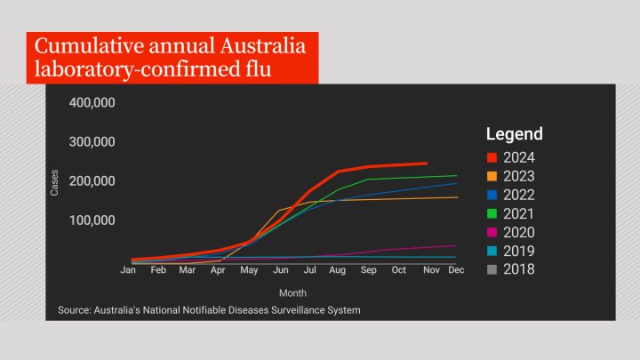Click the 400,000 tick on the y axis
pos(92,103)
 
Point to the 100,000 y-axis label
pos(92,220)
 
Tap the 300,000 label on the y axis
pos(92,142)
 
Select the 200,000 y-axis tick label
pos(92,181)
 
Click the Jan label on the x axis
pos(128,269)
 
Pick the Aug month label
pos(337,269)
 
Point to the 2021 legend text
pos(518,213)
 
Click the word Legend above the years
pos(514,134)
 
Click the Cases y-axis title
pos(54,181)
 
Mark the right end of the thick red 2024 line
pos(427,164)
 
